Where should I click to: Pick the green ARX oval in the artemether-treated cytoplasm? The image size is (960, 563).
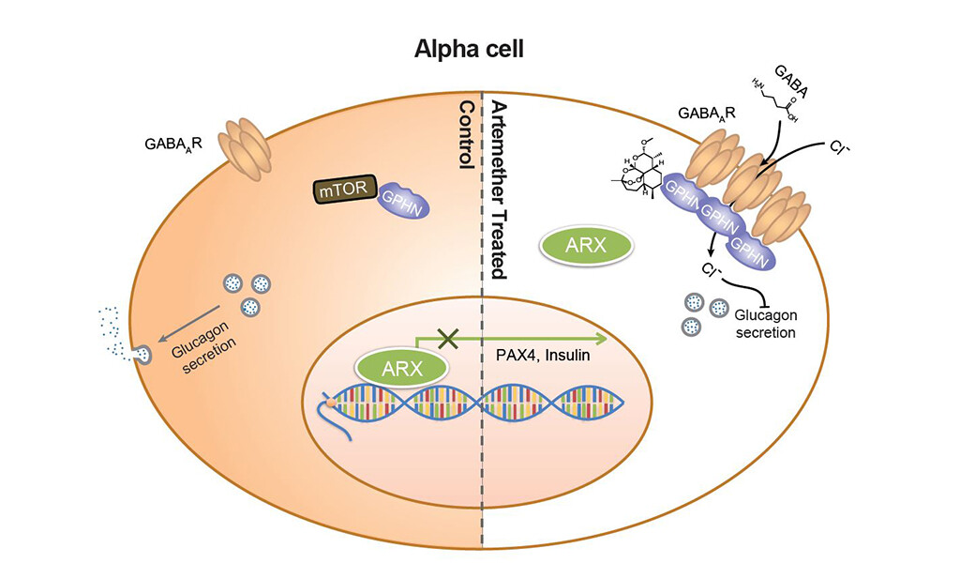click(x=587, y=248)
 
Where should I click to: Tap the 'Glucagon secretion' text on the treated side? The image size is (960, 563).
click(x=764, y=324)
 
